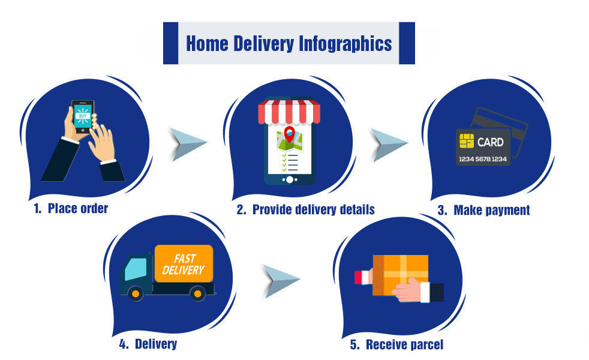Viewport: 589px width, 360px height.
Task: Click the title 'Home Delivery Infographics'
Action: (x=289, y=44)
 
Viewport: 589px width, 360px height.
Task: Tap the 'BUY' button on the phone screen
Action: (x=83, y=116)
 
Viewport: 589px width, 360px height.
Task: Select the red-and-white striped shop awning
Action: (x=289, y=112)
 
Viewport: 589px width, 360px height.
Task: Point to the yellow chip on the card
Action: (x=467, y=141)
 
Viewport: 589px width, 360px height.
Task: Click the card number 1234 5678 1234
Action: (x=483, y=159)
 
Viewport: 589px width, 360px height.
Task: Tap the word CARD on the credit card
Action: (x=490, y=142)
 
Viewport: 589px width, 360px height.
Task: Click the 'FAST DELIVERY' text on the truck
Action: (x=184, y=264)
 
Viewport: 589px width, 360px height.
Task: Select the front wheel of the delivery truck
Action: (x=136, y=293)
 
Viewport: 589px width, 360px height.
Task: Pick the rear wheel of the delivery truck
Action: (x=197, y=293)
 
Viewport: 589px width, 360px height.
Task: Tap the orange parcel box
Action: (x=401, y=275)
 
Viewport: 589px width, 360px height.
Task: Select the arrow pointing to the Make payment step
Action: (x=389, y=145)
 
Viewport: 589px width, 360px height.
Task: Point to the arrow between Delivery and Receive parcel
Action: (x=281, y=281)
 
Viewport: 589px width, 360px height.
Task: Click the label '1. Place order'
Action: (x=71, y=209)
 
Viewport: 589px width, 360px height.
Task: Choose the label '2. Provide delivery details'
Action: (x=306, y=209)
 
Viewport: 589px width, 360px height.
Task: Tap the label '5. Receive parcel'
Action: (x=396, y=344)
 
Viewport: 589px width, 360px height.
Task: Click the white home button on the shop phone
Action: (x=290, y=179)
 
